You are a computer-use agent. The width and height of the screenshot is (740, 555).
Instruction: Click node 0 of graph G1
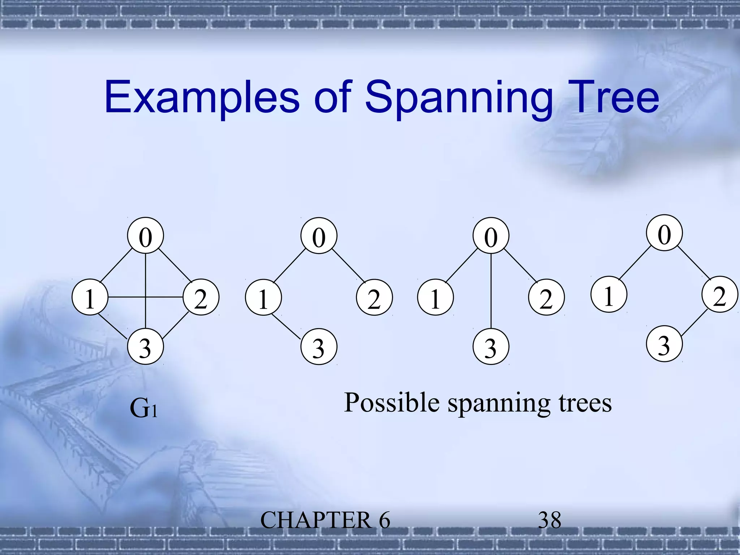[x=145, y=236]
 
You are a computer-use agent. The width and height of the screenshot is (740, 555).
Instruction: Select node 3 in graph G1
[x=145, y=347]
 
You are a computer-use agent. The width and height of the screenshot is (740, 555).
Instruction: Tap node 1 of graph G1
[x=90, y=297]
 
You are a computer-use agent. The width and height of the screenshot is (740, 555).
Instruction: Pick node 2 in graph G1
[x=201, y=297]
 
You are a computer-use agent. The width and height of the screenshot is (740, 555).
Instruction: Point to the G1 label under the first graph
[x=143, y=408]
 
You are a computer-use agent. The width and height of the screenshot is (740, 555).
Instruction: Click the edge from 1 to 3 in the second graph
[x=286, y=327]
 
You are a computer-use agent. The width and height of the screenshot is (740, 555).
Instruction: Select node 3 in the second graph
[x=319, y=347]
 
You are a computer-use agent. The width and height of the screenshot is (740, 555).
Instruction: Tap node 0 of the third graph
[x=491, y=236]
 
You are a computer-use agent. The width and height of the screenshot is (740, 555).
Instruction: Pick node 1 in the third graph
[x=435, y=297]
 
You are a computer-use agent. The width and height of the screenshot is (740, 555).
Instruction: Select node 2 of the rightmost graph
[x=720, y=294]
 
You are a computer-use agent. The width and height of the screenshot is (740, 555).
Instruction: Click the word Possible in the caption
[x=392, y=403]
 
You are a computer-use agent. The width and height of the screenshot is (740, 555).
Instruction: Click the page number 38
[x=550, y=520]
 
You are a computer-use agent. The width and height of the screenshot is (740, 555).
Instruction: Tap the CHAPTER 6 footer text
[x=325, y=520]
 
